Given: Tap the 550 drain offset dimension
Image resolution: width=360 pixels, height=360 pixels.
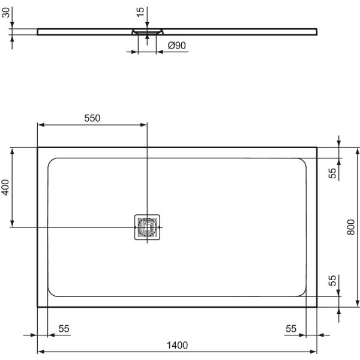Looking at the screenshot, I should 91,118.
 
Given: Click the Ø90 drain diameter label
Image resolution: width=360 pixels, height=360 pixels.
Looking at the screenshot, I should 175,46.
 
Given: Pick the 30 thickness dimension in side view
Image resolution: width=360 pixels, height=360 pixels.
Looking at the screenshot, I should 5,14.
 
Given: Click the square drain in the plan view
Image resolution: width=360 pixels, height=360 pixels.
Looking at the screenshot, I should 146,227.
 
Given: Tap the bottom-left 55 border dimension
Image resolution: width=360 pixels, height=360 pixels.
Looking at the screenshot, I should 64,328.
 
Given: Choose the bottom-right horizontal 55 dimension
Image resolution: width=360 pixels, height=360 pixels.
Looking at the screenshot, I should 291,328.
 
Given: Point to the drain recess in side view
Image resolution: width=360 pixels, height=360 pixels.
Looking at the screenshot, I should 146,31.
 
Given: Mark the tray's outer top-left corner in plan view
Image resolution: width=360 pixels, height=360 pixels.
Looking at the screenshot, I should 38,148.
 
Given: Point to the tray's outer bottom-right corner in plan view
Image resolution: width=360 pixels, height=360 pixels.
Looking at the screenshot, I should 317,307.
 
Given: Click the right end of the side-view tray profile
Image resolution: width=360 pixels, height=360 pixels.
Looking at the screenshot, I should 317,30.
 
